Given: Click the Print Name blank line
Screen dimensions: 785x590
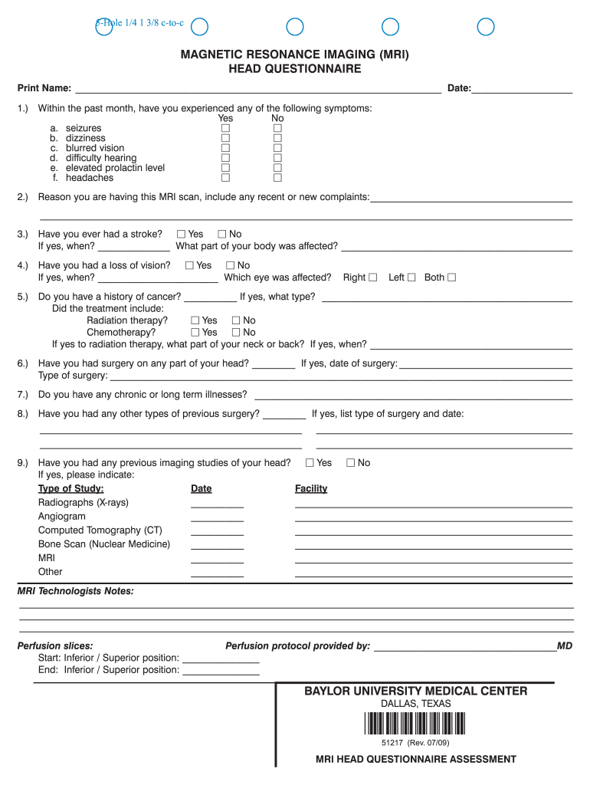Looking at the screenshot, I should [257, 88].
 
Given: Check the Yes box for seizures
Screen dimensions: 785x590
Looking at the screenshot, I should [226, 129].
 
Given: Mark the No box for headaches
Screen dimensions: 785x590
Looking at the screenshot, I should [278, 178].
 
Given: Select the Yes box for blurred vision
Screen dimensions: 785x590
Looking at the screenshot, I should [226, 149].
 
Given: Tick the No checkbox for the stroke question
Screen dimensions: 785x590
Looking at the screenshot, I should [222, 234].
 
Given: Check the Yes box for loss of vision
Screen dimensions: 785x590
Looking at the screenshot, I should [190, 265].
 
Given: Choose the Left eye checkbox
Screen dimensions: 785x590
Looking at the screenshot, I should [411, 278].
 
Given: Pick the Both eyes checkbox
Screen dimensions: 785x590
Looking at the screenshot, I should [451, 278].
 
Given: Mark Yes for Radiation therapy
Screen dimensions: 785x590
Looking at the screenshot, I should [195, 320].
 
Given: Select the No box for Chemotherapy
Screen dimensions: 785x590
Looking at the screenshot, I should [236, 333].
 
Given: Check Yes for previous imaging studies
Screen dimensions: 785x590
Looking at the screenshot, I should [310, 463].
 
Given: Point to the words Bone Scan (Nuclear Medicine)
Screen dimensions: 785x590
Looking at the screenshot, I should [104, 544].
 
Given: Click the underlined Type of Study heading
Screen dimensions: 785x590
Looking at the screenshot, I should [71, 489].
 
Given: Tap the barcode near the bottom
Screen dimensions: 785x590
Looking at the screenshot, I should [415, 724].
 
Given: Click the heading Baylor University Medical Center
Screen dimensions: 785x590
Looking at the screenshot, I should [415, 691].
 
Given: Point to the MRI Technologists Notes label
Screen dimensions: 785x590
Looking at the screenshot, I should [75, 591].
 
